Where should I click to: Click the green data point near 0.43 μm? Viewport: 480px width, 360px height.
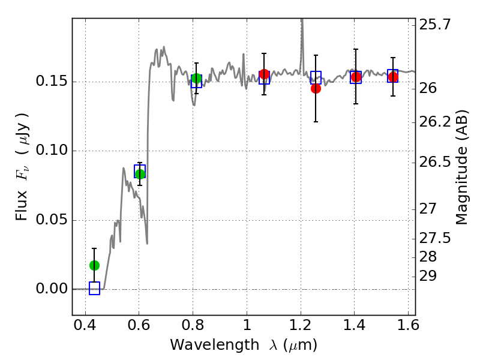click(94, 265)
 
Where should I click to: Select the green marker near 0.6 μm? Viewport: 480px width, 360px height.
click(140, 174)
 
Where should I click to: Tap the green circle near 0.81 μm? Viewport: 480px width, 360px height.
click(196, 79)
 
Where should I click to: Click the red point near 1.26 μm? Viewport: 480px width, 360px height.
click(316, 88)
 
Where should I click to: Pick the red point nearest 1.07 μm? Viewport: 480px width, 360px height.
click(264, 74)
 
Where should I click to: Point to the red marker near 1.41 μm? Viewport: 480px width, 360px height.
click(356, 77)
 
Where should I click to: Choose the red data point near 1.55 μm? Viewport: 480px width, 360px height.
click(393, 77)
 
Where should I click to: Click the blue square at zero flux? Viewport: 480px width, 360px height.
click(94, 289)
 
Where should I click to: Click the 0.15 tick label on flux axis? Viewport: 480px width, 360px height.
click(52, 82)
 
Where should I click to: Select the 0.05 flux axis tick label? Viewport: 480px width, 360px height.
click(52, 220)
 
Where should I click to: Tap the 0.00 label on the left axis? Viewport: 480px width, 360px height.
click(52, 289)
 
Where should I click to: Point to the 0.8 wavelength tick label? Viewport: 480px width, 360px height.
click(193, 325)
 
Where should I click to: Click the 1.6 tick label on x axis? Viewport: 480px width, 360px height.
click(409, 325)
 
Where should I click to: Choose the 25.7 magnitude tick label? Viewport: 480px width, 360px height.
click(435, 25)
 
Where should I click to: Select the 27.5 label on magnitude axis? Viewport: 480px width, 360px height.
click(435, 238)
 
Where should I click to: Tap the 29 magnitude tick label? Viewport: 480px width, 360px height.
click(428, 276)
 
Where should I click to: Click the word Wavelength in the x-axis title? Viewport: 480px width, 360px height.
click(215, 345)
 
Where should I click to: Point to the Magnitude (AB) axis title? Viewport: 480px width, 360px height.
click(462, 167)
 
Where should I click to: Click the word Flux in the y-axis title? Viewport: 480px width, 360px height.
click(22, 206)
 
